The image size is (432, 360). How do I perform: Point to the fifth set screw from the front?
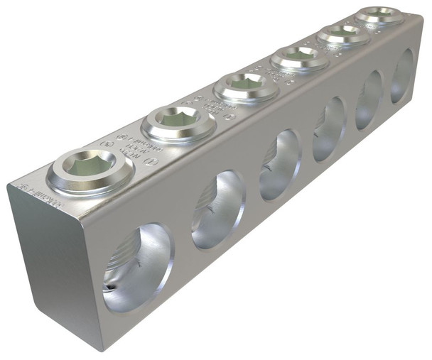click(x=342, y=33)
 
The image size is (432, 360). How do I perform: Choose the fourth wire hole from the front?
click(x=329, y=129)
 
